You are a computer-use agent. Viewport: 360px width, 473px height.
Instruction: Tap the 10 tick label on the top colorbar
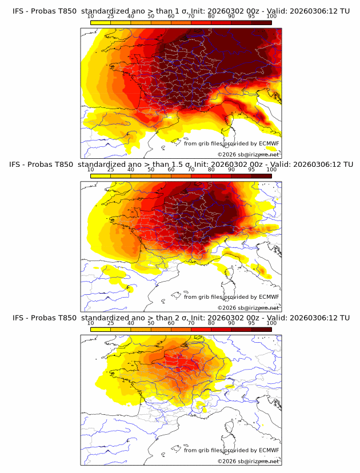click(x=90, y=17)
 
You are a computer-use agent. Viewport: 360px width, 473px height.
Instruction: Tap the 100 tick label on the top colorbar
click(x=271, y=17)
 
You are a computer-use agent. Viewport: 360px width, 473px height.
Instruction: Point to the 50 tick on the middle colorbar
click(x=151, y=170)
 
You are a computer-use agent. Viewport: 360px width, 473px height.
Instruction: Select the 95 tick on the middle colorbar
click(x=251, y=170)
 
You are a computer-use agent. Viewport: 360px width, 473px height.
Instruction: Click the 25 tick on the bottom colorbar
click(x=110, y=324)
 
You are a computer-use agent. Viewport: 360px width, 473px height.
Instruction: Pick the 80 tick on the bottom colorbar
click(x=211, y=324)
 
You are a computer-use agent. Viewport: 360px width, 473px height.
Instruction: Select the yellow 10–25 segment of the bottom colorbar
click(x=101, y=330)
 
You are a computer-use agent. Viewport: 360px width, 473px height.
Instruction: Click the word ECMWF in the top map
click(x=269, y=143)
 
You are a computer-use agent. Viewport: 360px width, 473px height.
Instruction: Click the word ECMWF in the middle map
click(x=269, y=297)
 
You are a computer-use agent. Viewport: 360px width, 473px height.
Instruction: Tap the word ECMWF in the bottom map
click(x=269, y=450)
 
